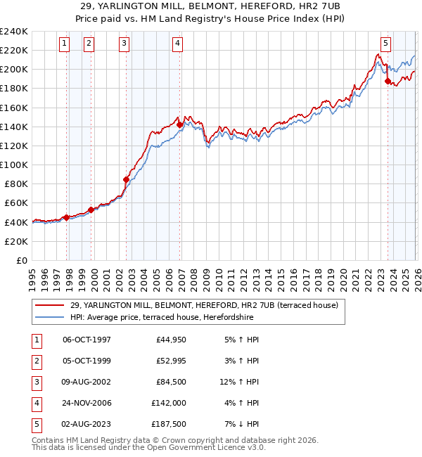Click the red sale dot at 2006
179,124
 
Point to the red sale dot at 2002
127,179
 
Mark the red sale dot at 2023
388,82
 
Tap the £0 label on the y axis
21,260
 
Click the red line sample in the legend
50,305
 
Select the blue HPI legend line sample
50,317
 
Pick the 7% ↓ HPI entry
243,424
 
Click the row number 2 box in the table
36,361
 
